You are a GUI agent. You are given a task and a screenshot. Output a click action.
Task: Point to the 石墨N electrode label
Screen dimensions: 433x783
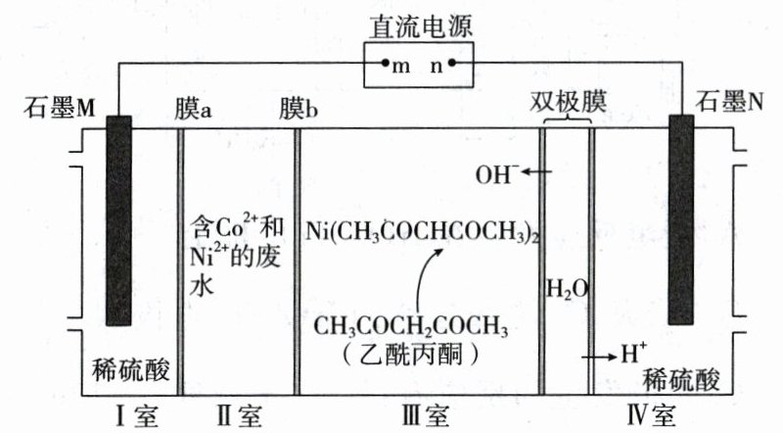[729, 102]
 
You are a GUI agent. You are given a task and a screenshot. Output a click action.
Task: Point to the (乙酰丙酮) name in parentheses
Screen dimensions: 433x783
[410, 353]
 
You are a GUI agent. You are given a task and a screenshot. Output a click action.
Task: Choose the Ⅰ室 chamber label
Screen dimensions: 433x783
[133, 415]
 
